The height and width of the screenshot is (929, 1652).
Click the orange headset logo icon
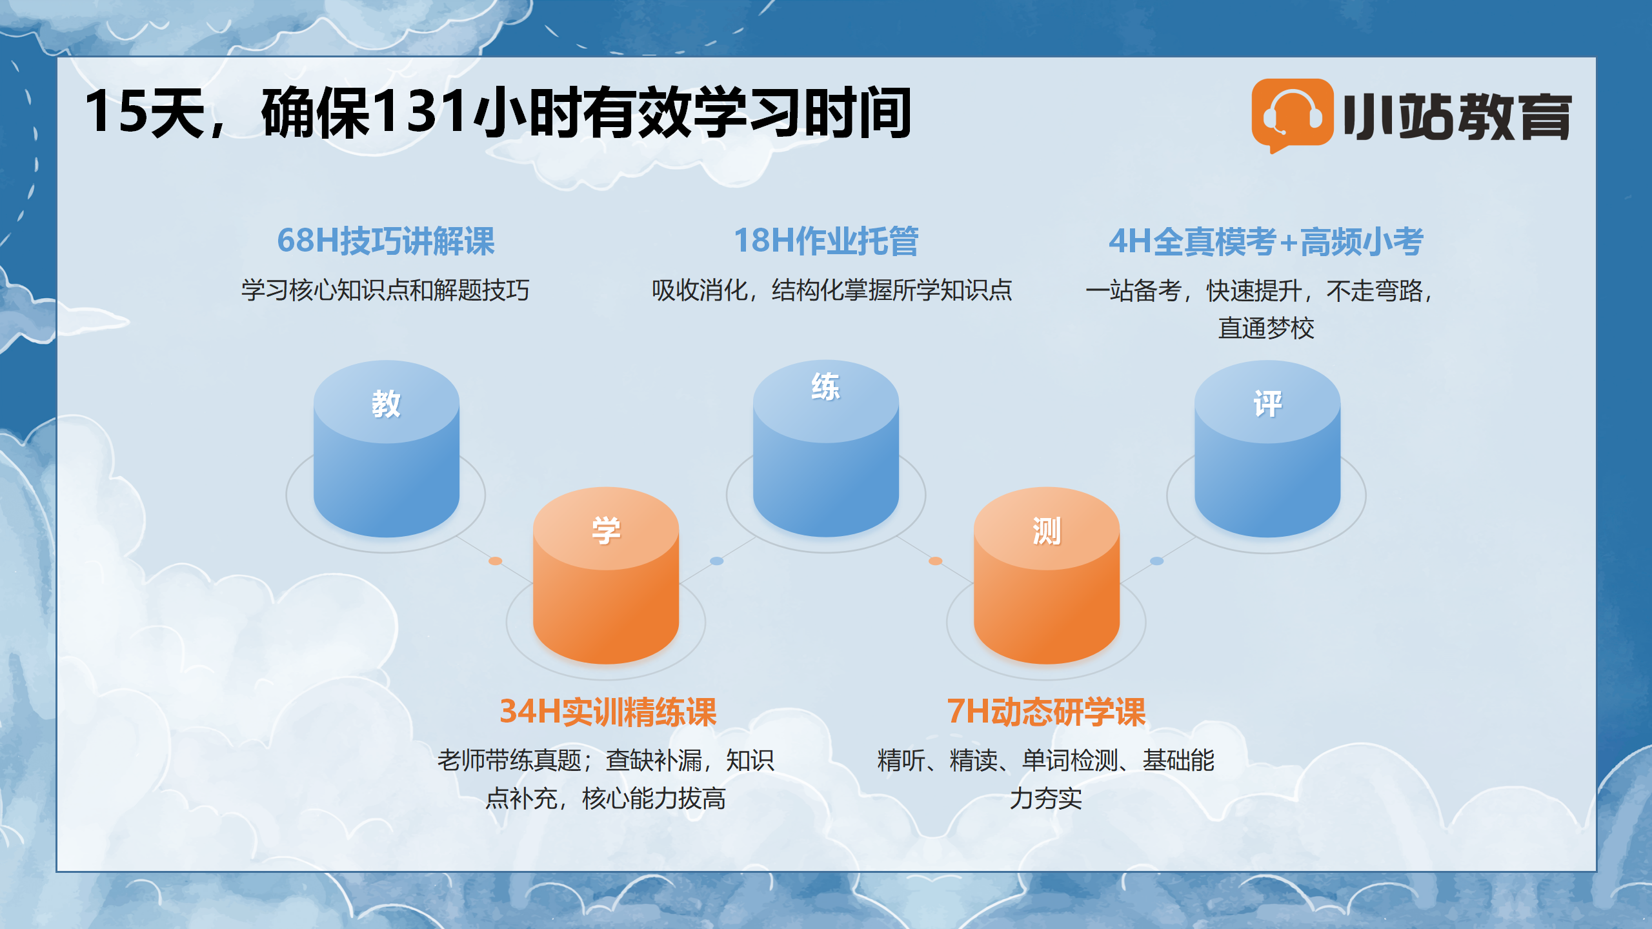coord(1292,115)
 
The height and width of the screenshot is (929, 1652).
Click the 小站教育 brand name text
coord(1458,116)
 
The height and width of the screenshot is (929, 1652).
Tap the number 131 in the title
coord(420,111)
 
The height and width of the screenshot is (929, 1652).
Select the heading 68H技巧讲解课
coord(386,241)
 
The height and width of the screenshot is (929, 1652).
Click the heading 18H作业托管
coord(826,241)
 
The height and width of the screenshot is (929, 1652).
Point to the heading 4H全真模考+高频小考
coord(1266,241)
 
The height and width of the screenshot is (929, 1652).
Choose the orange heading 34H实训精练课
coord(608,712)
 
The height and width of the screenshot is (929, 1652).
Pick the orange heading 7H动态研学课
coord(1046,712)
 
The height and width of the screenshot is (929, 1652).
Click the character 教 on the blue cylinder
coord(386,404)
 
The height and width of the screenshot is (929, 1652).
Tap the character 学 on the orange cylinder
coord(606,530)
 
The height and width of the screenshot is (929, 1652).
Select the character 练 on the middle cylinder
coord(825,386)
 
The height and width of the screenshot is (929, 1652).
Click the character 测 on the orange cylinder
coord(1046,531)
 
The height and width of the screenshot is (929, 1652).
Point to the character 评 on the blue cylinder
coord(1267,404)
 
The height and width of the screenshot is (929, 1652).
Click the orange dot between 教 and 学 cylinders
coord(495,561)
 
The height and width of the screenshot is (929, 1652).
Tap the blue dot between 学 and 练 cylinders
coord(716,561)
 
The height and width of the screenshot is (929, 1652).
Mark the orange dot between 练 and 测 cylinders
coord(935,561)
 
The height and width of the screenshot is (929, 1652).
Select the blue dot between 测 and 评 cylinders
coord(1156,561)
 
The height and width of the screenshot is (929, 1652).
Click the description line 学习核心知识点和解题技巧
coord(385,290)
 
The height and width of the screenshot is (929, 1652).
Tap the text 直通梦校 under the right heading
coord(1266,328)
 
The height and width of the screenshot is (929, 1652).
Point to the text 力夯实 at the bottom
coord(1045,798)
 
